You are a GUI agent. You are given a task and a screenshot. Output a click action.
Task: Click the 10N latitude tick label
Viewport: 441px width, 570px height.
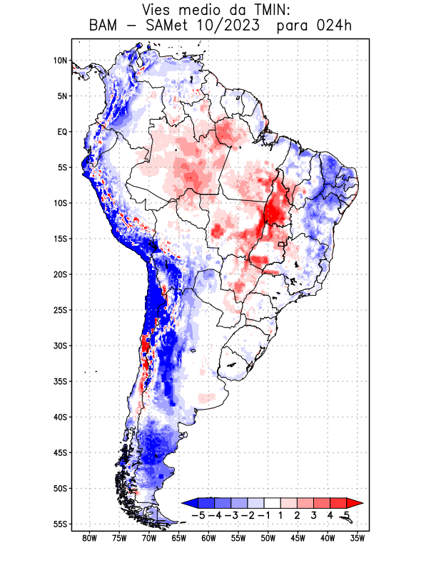click(x=60, y=61)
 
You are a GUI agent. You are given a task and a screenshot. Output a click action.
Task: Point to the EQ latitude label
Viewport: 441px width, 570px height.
click(x=62, y=132)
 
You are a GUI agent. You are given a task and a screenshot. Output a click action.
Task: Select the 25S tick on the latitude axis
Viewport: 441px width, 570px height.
click(x=60, y=310)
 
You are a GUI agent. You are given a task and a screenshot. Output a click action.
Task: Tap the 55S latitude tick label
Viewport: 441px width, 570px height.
click(x=60, y=524)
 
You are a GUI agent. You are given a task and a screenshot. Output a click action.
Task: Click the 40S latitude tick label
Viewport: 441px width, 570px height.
click(x=60, y=417)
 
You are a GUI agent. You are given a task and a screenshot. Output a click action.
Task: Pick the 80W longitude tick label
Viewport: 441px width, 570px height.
click(x=89, y=538)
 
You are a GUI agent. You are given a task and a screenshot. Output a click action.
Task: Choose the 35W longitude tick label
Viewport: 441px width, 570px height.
click(x=358, y=538)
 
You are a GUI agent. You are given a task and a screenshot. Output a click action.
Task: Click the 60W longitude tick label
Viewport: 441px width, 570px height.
click(x=208, y=538)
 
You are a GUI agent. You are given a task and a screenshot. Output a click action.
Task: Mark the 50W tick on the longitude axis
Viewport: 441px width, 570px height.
click(x=268, y=538)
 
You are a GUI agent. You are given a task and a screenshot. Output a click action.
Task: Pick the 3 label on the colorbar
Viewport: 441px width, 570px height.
click(x=314, y=515)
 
